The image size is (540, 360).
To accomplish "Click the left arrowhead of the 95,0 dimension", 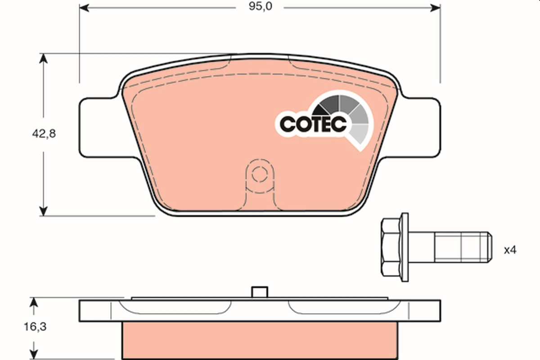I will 84,7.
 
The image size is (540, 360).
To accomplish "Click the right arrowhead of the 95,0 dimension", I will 435,7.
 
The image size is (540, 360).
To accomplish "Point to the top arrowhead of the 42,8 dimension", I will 43,58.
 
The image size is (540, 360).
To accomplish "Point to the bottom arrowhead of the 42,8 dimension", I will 43,211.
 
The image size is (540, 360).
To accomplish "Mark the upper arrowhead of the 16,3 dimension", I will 33,302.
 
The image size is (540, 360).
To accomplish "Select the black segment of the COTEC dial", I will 322,108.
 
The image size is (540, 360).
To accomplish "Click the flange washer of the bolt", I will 405,248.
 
